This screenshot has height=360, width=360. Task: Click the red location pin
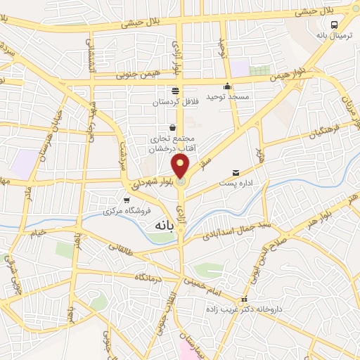point(181,167)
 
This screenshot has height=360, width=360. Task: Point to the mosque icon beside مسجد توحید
point(227,86)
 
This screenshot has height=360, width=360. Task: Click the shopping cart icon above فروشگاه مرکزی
point(126,200)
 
